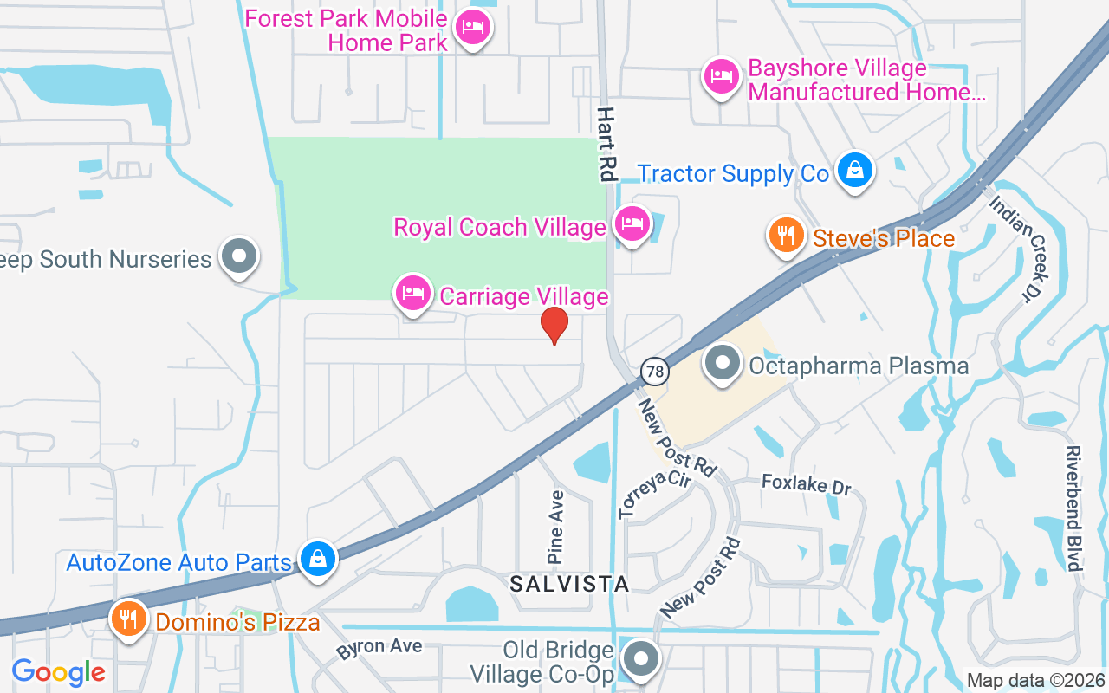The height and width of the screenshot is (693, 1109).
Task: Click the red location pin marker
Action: [x=554, y=326]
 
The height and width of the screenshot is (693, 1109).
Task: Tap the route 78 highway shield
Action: [x=656, y=372]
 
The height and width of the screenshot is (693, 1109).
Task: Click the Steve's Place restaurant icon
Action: [x=787, y=235]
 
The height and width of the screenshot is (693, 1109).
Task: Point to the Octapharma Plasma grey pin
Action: [x=722, y=363]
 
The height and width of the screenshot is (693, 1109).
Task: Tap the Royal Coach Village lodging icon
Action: [x=632, y=224]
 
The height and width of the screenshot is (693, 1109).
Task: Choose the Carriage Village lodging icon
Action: [x=413, y=294]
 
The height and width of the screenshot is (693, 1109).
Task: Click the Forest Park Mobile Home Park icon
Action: [x=473, y=28]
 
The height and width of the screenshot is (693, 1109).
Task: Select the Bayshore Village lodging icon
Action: [x=721, y=77]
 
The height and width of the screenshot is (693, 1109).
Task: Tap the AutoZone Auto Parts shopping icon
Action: [x=318, y=559]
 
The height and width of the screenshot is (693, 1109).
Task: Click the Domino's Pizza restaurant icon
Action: [x=129, y=619]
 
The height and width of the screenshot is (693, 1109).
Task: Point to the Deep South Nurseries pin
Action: [x=239, y=256]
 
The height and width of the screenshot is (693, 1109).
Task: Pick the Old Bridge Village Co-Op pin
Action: [x=641, y=659]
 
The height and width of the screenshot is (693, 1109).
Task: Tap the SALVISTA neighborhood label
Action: [x=569, y=584]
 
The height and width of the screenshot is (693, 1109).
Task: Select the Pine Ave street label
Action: [x=557, y=527]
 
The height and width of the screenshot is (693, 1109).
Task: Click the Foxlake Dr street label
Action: [x=806, y=484]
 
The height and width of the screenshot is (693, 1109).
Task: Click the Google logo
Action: [x=59, y=671]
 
